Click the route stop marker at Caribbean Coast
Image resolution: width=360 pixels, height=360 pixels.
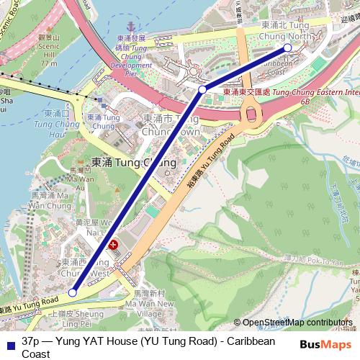pyautogui.click(x=287, y=48)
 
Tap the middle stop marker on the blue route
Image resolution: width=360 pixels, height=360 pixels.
pyautogui.click(x=202, y=89)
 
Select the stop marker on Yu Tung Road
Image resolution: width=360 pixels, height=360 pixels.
pyautogui.click(x=73, y=292)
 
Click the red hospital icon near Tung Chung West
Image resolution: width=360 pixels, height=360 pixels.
pyautogui.click(x=112, y=246)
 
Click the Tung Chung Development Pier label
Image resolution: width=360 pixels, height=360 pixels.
pyautogui.click(x=131, y=55)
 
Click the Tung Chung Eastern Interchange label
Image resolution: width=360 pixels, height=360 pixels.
pyautogui.click(x=288, y=93)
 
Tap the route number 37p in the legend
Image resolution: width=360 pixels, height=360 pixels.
pyautogui.click(x=32, y=341)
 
